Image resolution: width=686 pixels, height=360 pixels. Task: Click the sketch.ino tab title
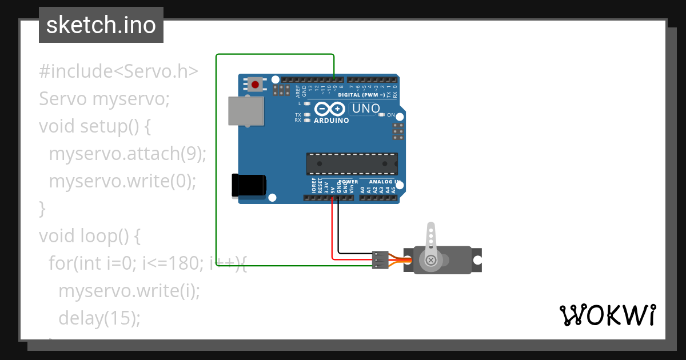pos(101,25)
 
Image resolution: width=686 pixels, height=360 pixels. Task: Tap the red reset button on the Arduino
pos(255,85)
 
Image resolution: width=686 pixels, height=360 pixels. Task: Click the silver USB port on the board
pos(246,110)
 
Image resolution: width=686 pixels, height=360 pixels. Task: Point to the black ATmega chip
pos(352,163)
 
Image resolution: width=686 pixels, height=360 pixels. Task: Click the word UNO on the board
pos(366,108)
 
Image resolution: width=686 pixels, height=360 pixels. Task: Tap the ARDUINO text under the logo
pos(332,121)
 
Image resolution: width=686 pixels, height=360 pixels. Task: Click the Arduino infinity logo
pos(330,109)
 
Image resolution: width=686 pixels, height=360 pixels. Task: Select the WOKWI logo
pos(607,315)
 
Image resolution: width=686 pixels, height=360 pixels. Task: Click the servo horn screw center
pos(431,261)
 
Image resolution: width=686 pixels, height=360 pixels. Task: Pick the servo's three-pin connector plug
pos(380,259)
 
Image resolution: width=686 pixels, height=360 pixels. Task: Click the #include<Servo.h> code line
pos(118,71)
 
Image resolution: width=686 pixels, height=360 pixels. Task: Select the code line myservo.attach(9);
pos(127,154)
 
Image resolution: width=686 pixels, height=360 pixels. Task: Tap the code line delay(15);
pos(99,318)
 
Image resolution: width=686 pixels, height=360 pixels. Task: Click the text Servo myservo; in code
pos(105,99)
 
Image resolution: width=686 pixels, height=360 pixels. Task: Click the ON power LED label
pos(391,115)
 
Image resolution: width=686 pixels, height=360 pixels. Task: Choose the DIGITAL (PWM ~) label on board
pos(361,95)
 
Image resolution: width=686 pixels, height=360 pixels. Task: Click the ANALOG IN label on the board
pos(384,182)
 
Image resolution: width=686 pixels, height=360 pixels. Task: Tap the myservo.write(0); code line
pos(122,181)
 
